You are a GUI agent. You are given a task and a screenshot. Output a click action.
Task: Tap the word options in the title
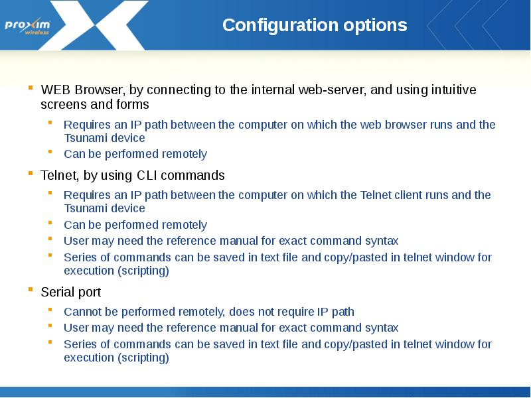click(376, 25)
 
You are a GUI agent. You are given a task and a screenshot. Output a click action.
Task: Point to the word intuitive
click(450, 90)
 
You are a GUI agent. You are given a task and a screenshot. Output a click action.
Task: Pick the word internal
click(271, 90)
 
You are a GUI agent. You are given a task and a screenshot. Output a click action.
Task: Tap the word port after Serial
click(88, 293)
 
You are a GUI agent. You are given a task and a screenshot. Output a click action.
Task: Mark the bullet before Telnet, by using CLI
click(31, 174)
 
